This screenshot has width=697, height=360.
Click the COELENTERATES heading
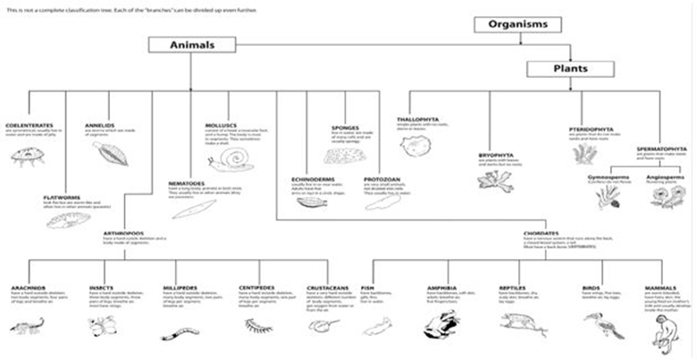[29, 125]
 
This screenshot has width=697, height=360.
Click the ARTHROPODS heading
[122, 232]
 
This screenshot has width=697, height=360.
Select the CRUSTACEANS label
[325, 289]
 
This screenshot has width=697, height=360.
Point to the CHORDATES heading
[542, 234]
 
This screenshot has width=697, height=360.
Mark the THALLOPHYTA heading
[416, 118]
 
